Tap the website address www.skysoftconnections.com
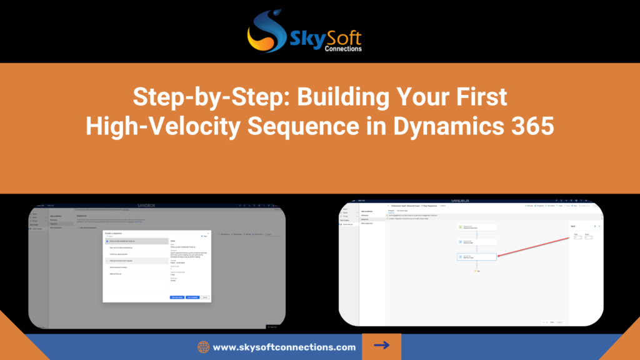pyautogui.click(x=284, y=347)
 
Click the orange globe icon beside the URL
pyautogui.click(x=203, y=347)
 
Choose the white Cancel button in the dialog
pyautogui.click(x=205, y=297)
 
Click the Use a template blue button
pyautogui.click(x=192, y=297)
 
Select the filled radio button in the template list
pyautogui.click(x=107, y=241)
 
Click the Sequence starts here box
pyautogui.click(x=476, y=227)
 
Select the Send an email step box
pyautogui.click(x=476, y=241)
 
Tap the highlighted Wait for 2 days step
pyautogui.click(x=476, y=256)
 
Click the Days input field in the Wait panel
pyautogui.click(x=577, y=237)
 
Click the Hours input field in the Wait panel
pyautogui.click(x=588, y=237)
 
